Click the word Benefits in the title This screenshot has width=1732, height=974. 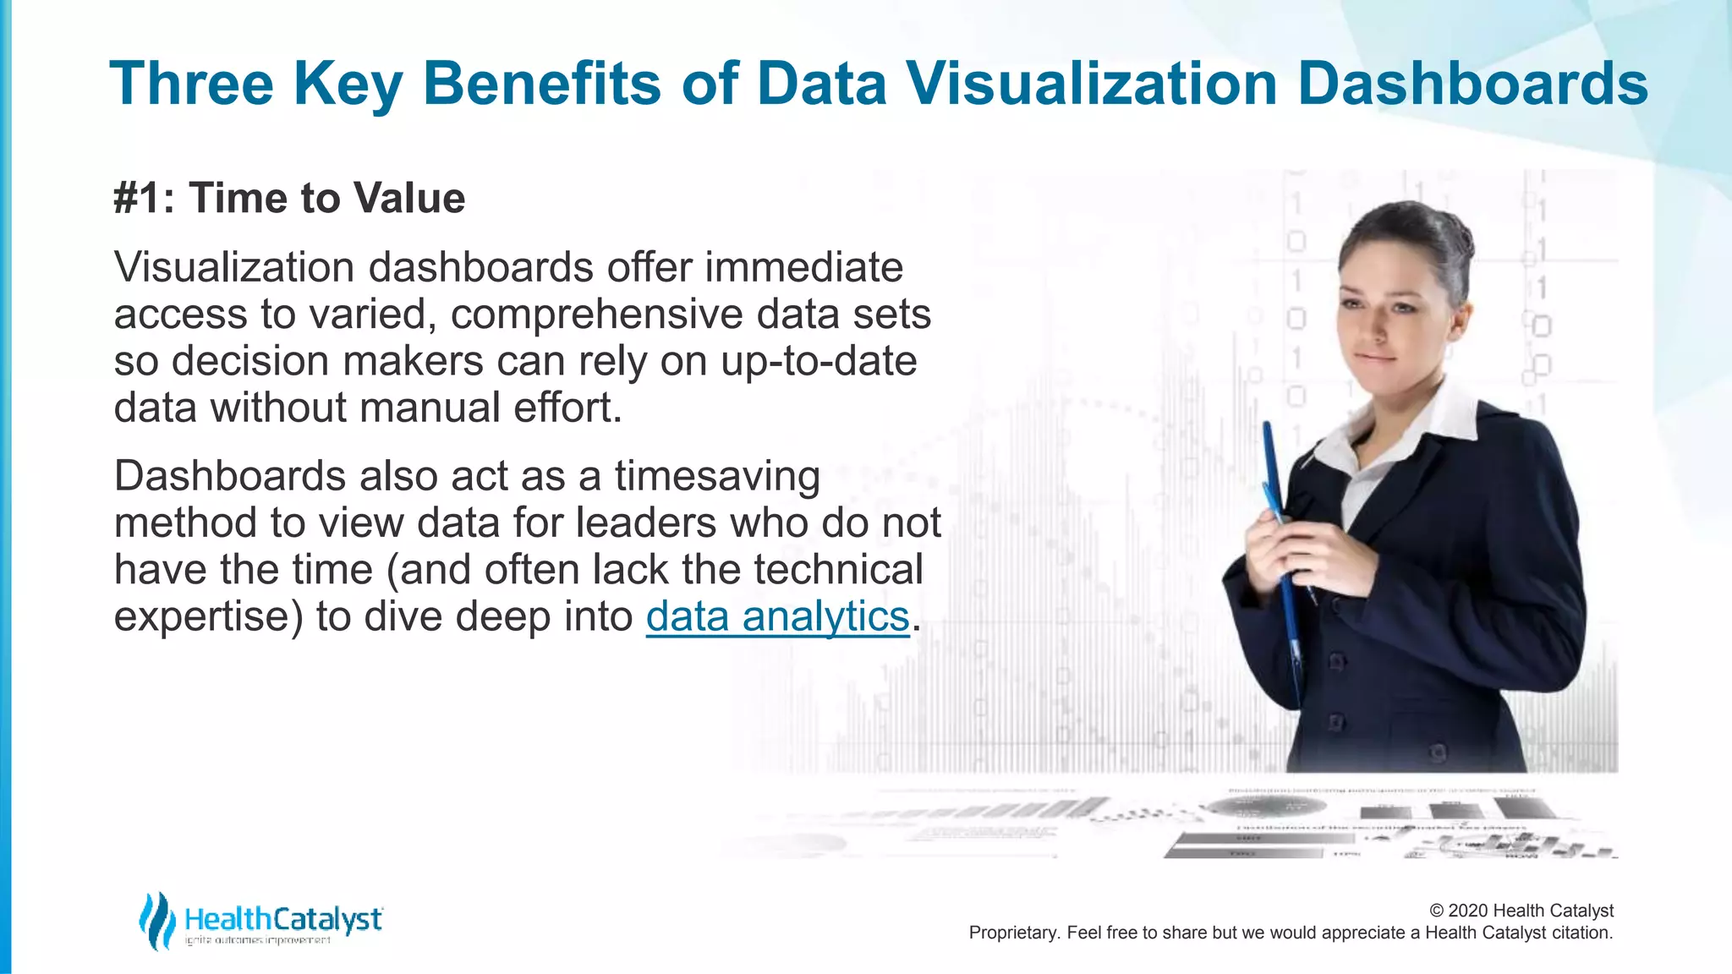tap(541, 84)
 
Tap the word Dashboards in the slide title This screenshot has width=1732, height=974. tap(1472, 84)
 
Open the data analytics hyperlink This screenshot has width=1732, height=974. tap(777, 616)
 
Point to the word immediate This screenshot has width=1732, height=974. tap(803, 268)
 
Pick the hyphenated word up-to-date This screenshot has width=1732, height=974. tap(819, 362)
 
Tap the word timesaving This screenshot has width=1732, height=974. tap(717, 476)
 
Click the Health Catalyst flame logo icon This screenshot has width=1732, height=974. tap(156, 920)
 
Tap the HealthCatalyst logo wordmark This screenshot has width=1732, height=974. tap(283, 919)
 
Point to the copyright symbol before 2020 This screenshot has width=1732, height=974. tap(1437, 911)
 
